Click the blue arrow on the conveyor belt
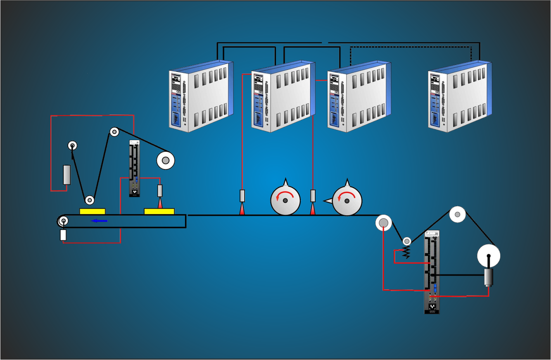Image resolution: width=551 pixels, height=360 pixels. tap(99, 221)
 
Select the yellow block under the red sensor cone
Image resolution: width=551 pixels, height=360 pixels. tap(159, 212)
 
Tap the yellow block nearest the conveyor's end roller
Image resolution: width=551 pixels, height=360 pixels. tap(92, 212)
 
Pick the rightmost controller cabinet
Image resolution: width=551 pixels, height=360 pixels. tap(460, 97)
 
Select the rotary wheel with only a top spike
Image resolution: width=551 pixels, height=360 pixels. tap(285, 200)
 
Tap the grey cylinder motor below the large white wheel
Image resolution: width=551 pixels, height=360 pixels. tap(489, 277)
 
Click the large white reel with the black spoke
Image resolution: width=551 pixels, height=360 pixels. tap(489, 255)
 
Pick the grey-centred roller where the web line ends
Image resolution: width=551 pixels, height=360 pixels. tap(383, 223)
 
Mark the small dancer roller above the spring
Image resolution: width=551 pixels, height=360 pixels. tap(407, 241)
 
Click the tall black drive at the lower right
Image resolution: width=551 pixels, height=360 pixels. tap(432, 272)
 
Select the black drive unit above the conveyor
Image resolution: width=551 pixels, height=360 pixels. tap(135, 168)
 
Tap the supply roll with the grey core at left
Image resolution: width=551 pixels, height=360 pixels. tap(166, 160)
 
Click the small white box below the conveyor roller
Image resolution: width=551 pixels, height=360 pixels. tap(63, 235)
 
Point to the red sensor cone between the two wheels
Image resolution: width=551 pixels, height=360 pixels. tap(313, 209)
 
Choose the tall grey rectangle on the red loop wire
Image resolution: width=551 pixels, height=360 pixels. tap(66, 175)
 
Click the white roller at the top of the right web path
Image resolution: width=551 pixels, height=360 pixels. tap(457, 214)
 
